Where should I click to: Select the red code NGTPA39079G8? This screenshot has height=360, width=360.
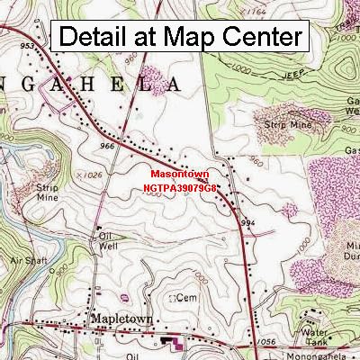tap(180, 189)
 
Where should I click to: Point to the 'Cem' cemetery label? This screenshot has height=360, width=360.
tap(188, 296)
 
